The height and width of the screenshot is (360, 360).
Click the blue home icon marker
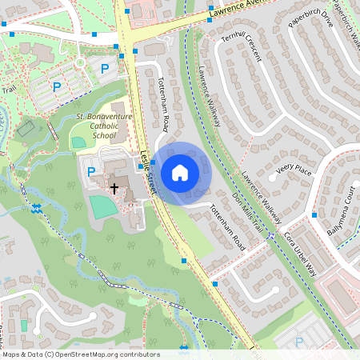pyautogui.click(x=180, y=172)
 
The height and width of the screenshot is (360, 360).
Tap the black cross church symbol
pyautogui.click(x=114, y=190)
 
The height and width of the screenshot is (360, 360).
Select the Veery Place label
pyautogui.click(x=293, y=170)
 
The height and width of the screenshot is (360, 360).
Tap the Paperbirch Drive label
pyautogui.click(x=306, y=26)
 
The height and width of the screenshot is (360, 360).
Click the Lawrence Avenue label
pyautogui.click(x=240, y=10)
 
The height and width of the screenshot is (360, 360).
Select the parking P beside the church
pyautogui.click(x=90, y=171)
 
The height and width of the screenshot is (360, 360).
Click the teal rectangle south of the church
pyautogui.click(x=102, y=206)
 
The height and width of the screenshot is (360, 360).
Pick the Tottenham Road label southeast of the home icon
pyautogui.click(x=225, y=223)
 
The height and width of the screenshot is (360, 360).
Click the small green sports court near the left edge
pyautogui.click(x=26, y=127)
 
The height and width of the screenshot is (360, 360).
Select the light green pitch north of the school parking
pyautogui.click(x=78, y=142)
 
